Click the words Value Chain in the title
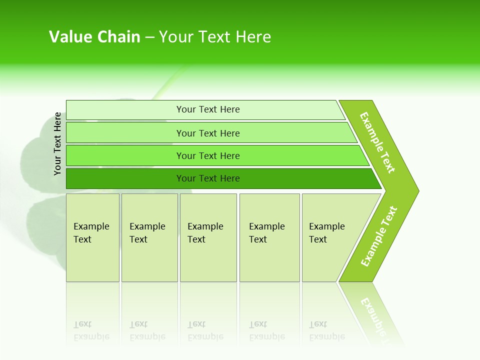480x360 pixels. [x=94, y=37]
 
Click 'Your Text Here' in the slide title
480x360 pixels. [x=215, y=37]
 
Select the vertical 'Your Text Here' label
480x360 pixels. [x=57, y=143]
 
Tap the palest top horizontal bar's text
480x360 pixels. [x=208, y=109]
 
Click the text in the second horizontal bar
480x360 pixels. [x=208, y=133]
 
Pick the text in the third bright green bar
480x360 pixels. [x=208, y=156]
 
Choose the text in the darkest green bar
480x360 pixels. [x=208, y=178]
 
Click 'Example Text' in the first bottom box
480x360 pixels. [x=91, y=233]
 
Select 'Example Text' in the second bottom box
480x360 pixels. [x=147, y=233]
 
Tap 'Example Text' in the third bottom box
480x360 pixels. [x=205, y=233]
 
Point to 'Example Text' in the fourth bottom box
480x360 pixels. [x=266, y=233]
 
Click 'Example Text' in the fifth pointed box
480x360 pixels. [x=326, y=233]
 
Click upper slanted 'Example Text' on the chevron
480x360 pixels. [x=377, y=142]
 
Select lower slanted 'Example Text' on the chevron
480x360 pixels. [x=379, y=236]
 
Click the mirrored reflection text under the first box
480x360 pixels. [x=91, y=331]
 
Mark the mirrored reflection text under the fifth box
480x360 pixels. [x=326, y=331]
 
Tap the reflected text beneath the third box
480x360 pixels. [x=205, y=331]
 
